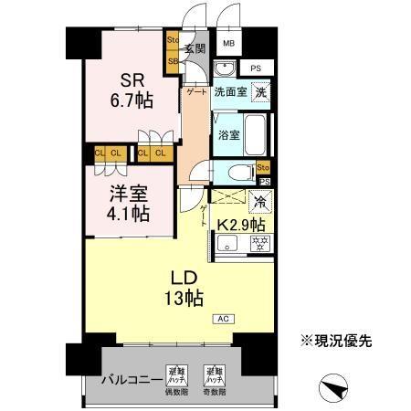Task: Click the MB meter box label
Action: point(229,43)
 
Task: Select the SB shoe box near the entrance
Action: point(173,61)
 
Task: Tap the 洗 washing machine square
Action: point(261,93)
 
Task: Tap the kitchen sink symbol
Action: point(228,243)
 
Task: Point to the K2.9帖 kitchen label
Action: point(241,223)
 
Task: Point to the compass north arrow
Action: point(335,388)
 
